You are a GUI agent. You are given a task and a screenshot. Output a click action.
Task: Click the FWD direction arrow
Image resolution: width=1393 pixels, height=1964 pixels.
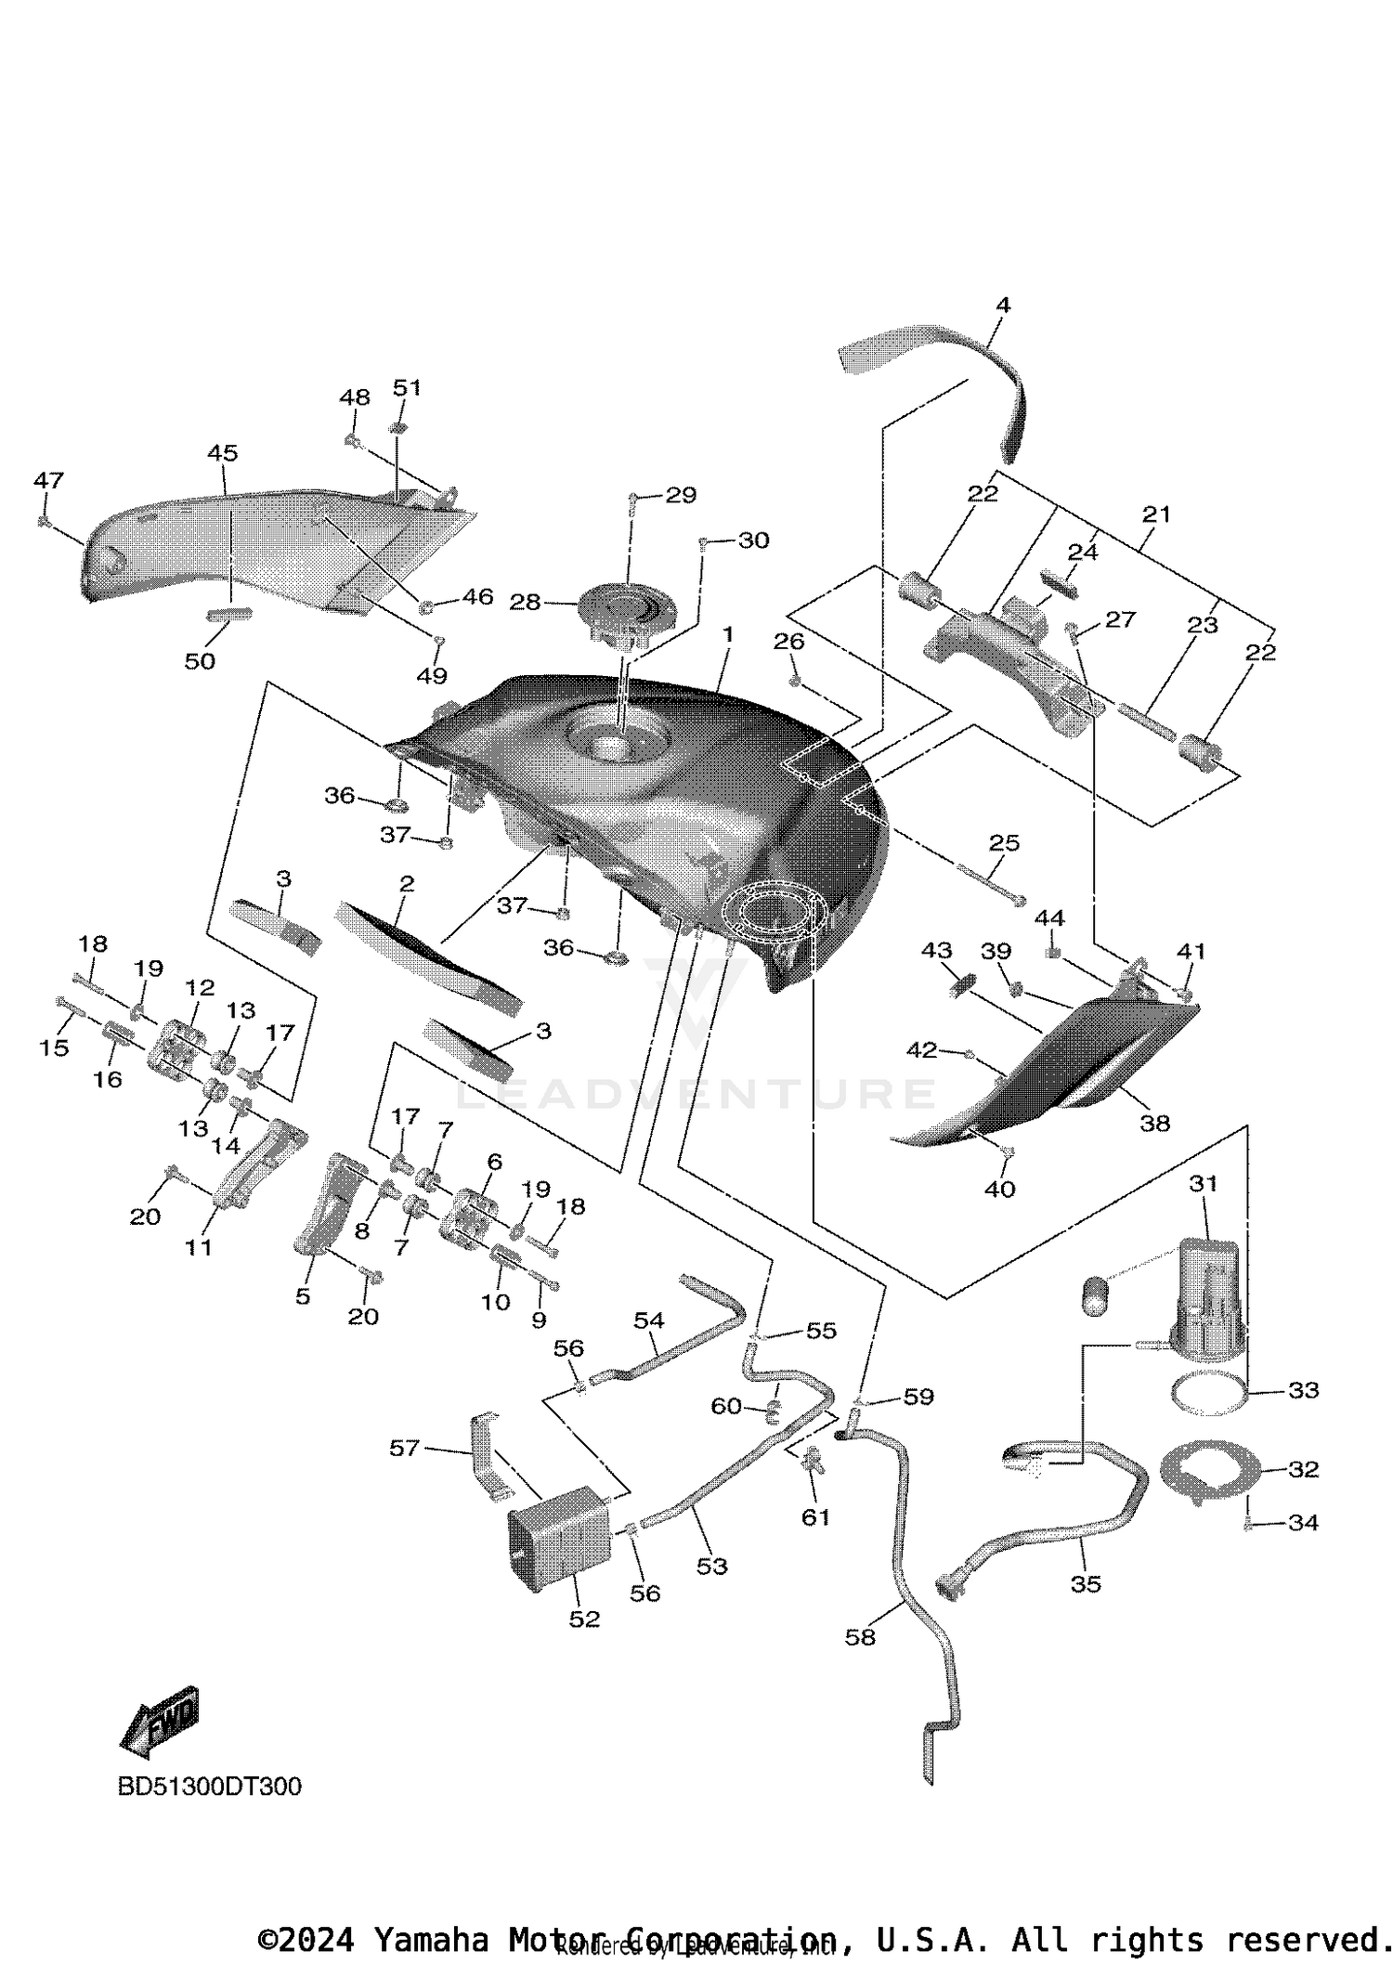[160, 1721]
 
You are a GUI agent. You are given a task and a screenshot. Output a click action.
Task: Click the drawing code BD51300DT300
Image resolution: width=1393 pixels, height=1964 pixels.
[209, 1786]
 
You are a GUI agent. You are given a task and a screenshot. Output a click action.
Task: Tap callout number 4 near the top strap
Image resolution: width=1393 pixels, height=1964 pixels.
[1002, 305]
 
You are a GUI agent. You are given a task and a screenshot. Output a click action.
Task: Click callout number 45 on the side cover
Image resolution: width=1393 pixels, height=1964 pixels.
[222, 452]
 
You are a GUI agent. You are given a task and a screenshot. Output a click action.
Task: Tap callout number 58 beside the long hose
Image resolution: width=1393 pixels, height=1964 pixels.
[860, 1636]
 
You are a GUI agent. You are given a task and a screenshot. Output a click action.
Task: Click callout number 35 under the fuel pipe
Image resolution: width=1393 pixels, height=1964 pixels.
[1085, 1583]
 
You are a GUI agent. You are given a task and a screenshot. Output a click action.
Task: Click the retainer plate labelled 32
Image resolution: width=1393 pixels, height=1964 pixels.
[1212, 1468]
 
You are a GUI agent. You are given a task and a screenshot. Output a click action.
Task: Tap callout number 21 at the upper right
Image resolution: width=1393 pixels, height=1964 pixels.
[1156, 514]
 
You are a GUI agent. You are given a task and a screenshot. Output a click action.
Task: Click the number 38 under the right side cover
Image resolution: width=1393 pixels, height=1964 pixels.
[1154, 1123]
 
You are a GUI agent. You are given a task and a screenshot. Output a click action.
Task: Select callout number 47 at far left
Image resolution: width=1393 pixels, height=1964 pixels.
[48, 480]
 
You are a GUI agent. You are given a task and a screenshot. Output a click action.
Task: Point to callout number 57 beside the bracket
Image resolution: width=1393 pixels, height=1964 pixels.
[404, 1448]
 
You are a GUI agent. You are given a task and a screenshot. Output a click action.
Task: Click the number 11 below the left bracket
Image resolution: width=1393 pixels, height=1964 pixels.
[199, 1247]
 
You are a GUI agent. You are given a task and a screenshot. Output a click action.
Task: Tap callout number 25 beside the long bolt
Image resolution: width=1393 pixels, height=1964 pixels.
[1004, 842]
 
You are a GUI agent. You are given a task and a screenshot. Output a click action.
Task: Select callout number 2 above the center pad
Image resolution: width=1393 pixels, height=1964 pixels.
[406, 883]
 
